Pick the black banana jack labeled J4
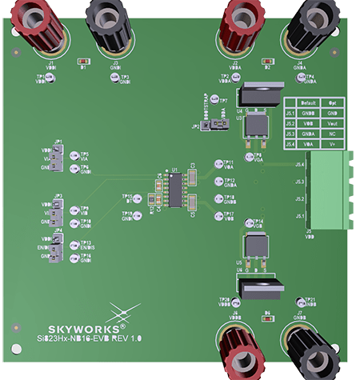(312, 24)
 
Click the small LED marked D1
(82, 61)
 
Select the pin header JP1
(57, 158)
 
